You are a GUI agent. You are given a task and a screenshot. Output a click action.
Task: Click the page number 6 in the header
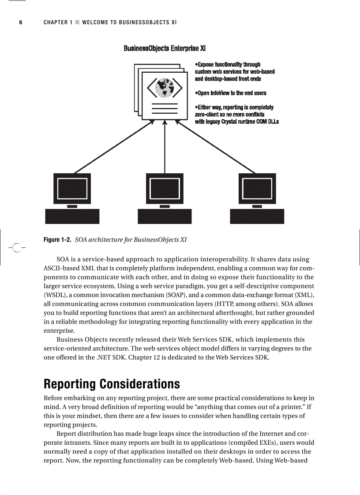[20, 22]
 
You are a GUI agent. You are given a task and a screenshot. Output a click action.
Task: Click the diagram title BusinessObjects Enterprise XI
[165, 48]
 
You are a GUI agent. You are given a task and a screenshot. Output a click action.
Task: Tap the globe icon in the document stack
[165, 86]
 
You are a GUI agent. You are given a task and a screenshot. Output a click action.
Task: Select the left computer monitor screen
[72, 188]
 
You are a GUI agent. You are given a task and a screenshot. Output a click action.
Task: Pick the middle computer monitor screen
[165, 188]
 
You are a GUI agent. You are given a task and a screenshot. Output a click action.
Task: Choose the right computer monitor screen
[257, 188]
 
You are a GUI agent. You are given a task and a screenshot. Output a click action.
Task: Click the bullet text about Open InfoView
[230, 93]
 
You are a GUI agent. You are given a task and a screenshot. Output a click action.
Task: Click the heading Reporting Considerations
[112, 383]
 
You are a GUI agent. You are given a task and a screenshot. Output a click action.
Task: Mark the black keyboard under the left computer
[72, 216]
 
